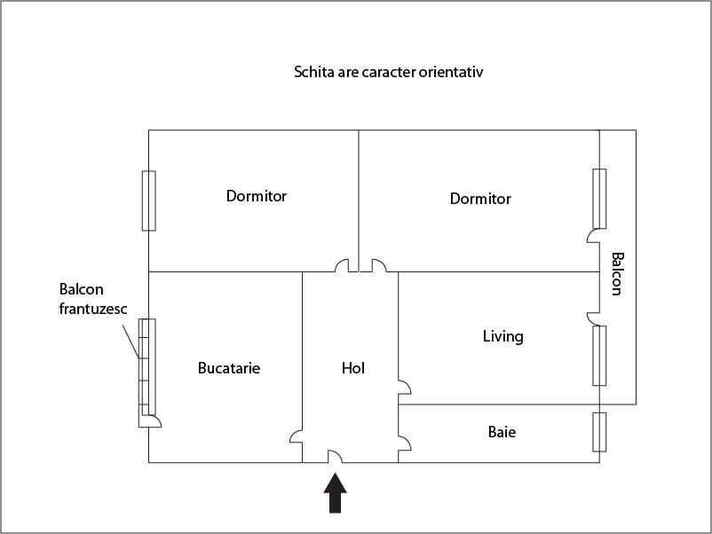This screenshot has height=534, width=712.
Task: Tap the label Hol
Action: [353, 367]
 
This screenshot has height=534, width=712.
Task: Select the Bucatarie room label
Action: [229, 367]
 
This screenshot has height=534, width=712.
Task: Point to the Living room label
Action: [502, 336]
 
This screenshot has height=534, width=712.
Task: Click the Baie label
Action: [502, 432]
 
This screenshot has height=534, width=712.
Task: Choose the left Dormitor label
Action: [257, 196]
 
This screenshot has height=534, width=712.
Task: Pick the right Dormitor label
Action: [480, 199]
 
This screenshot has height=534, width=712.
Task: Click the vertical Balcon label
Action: [617, 273]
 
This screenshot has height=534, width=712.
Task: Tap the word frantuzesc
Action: [93, 309]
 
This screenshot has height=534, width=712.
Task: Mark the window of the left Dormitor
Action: [149, 200]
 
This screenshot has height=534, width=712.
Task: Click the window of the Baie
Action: [599, 432]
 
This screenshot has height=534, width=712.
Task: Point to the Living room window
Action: [600, 355]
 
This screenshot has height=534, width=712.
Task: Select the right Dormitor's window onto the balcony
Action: [600, 198]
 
